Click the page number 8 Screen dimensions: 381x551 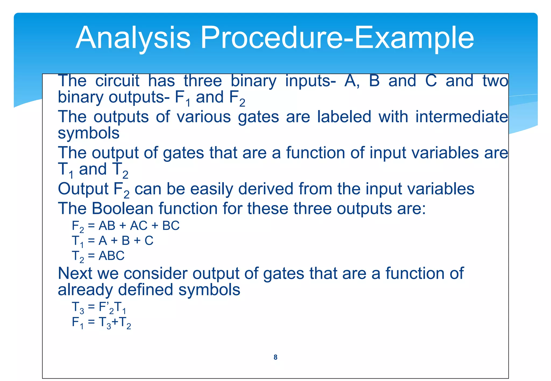(275, 357)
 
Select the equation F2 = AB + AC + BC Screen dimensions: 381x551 (125, 226)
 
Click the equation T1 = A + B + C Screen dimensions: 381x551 (112, 241)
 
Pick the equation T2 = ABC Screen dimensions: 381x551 (98, 256)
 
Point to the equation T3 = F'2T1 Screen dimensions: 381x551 (99, 307)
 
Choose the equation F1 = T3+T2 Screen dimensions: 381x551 (101, 322)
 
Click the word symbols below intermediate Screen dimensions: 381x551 (89, 133)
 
